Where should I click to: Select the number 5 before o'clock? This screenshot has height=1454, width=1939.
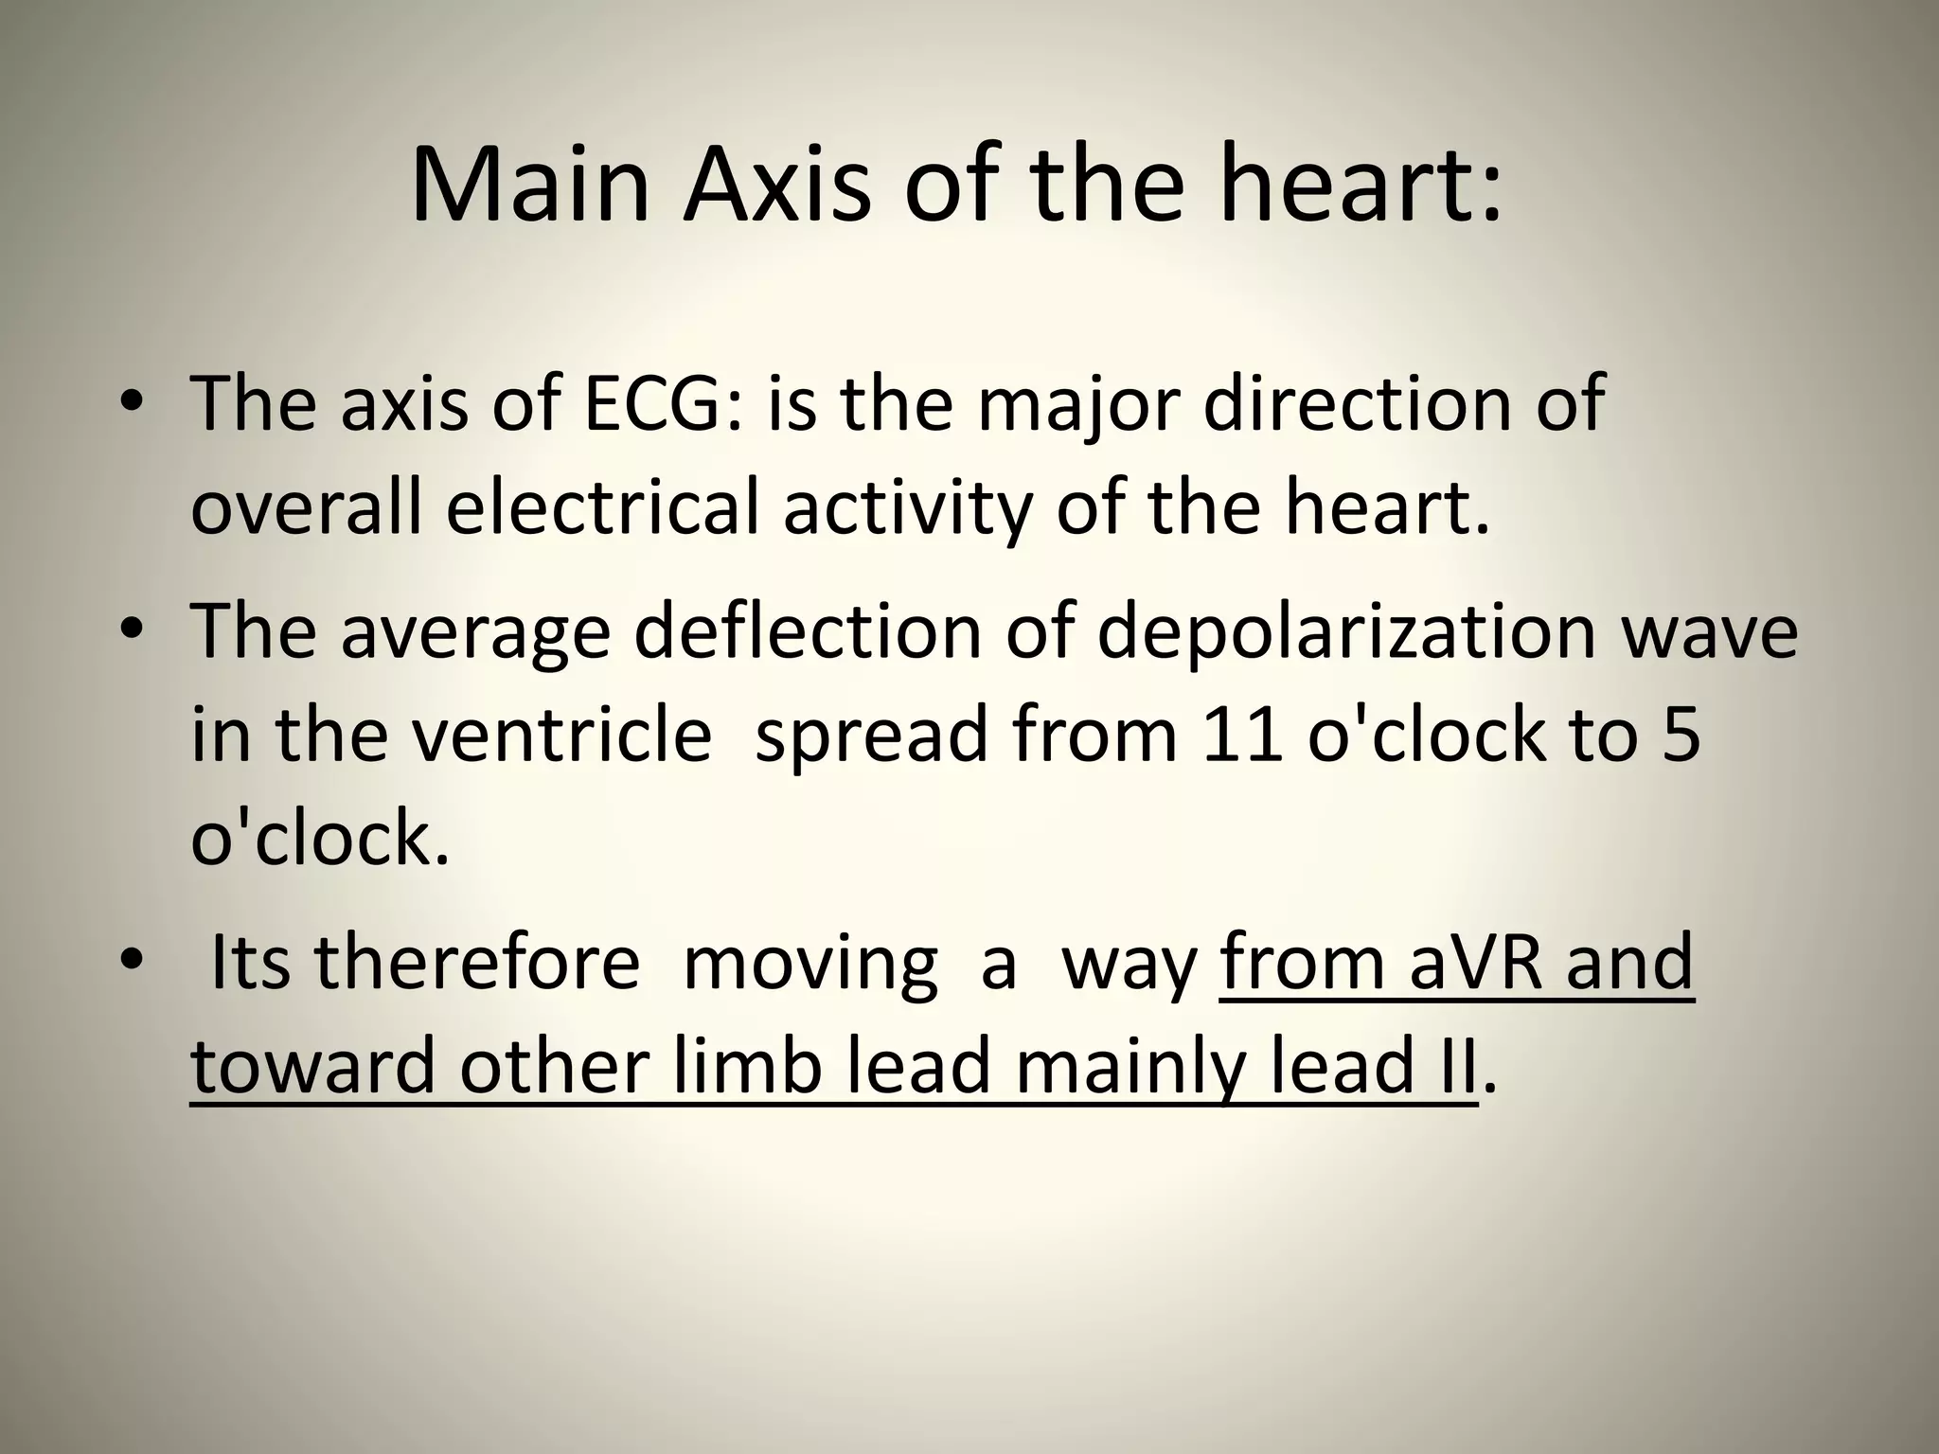(1681, 736)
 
